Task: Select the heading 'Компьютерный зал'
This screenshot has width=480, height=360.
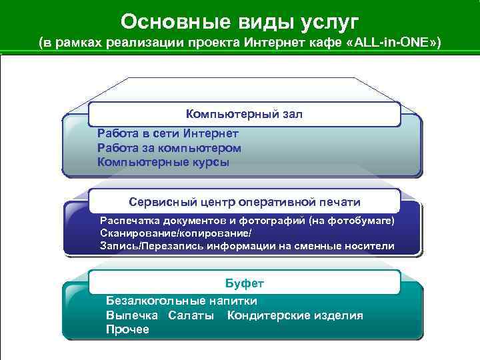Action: (x=244, y=114)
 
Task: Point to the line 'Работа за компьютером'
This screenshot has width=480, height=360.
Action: (x=169, y=147)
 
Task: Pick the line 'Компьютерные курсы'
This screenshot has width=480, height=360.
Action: (x=163, y=161)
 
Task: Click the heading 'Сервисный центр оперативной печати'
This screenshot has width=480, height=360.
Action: (x=245, y=201)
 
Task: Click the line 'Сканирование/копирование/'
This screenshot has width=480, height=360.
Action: (x=176, y=233)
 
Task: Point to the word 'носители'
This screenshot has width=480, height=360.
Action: (x=371, y=246)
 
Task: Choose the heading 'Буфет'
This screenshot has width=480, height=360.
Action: (x=245, y=285)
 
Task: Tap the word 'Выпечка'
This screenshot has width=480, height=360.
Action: (x=132, y=315)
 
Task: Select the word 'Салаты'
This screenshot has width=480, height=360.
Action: (x=191, y=315)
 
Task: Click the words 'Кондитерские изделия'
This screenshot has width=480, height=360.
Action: (x=295, y=315)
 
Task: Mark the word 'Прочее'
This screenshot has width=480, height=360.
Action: (x=127, y=330)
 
